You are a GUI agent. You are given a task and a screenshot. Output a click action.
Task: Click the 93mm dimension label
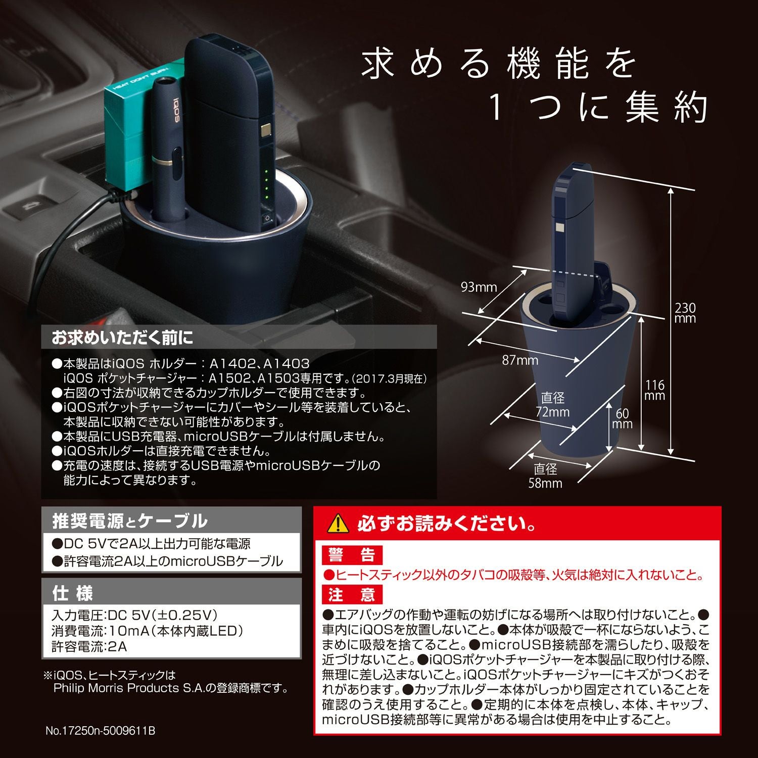tap(479, 288)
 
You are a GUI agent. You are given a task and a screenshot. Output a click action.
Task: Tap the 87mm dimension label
tap(519, 360)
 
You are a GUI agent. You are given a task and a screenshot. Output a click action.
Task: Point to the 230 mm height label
tap(685, 313)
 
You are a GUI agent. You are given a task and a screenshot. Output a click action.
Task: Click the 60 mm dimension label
tap(622, 419)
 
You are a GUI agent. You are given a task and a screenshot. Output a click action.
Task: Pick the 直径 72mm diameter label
tap(552, 405)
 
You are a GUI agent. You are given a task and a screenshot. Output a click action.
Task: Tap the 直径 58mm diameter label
tap(545, 476)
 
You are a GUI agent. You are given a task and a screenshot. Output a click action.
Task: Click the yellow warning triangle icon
tap(338, 524)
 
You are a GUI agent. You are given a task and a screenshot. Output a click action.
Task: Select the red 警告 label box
tap(352, 555)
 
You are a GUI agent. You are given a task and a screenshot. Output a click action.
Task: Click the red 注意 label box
tap(352, 594)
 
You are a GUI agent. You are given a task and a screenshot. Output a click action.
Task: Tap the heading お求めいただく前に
tap(123, 338)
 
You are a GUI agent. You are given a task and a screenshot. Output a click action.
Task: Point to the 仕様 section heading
tap(73, 593)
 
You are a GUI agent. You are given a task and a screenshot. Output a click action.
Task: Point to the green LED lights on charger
tap(267, 184)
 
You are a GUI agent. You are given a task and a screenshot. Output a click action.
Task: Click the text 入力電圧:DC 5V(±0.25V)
tap(134, 615)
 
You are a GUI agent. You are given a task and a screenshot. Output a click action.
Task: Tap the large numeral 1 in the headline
tap(496, 109)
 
